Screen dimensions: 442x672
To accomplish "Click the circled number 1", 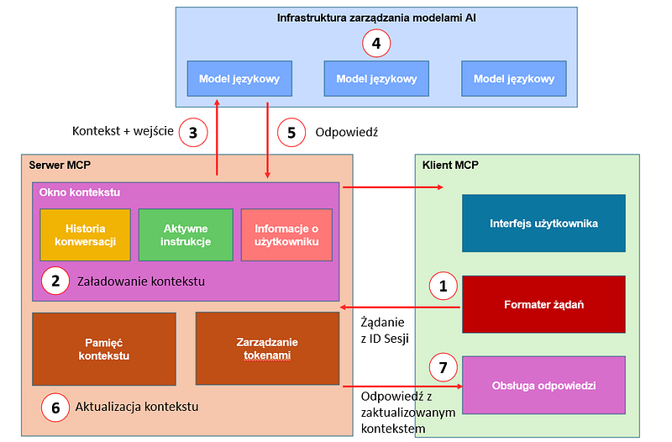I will click(x=443, y=286).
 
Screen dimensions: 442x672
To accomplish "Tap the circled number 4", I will click(x=376, y=44).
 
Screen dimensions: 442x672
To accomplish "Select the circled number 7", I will click(x=443, y=367).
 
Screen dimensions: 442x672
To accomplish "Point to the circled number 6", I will click(x=55, y=408).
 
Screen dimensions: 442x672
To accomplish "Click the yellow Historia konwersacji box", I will click(x=86, y=234).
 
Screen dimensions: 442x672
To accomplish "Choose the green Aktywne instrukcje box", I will click(x=186, y=234).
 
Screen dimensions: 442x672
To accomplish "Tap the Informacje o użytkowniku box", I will click(x=286, y=234).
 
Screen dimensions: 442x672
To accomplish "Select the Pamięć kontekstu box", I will click(x=103, y=349).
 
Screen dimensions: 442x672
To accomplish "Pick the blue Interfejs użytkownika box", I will click(x=543, y=224).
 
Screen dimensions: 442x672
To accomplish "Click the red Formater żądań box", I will click(x=543, y=304).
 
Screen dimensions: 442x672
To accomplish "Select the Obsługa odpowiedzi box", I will click(x=543, y=385).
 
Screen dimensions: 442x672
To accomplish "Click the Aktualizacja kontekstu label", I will click(x=137, y=408).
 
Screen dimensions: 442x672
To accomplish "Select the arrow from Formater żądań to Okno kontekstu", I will click(x=402, y=308).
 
